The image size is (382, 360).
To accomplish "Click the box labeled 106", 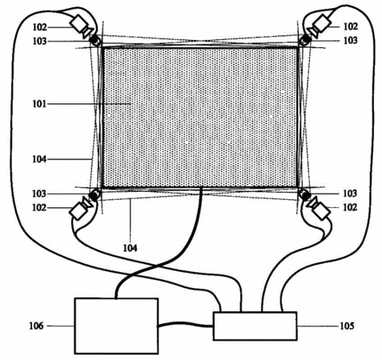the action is click(116, 326).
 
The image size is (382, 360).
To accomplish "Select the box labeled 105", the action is click(255, 326).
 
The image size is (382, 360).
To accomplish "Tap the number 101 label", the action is click(39, 104).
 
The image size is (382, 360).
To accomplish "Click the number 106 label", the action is click(36, 326).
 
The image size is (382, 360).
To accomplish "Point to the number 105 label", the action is click(347, 326).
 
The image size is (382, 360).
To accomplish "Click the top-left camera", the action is click(82, 26).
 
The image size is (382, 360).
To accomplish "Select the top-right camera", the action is click(319, 25).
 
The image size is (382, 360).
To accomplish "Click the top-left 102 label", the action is click(40, 27).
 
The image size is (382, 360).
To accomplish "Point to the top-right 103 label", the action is click(350, 41).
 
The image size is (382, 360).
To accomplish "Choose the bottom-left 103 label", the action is click(39, 194).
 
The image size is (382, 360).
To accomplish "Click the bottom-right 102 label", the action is click(350, 207).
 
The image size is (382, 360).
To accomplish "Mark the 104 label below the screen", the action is click(130, 248).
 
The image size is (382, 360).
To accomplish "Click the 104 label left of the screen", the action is click(39, 159).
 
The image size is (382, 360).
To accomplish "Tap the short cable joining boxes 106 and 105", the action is click(186, 325).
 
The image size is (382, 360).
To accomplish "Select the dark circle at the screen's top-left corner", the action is click(94, 41).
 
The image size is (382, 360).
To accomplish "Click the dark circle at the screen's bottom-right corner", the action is click(304, 195).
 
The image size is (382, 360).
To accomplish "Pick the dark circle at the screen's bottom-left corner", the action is click(94, 195).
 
